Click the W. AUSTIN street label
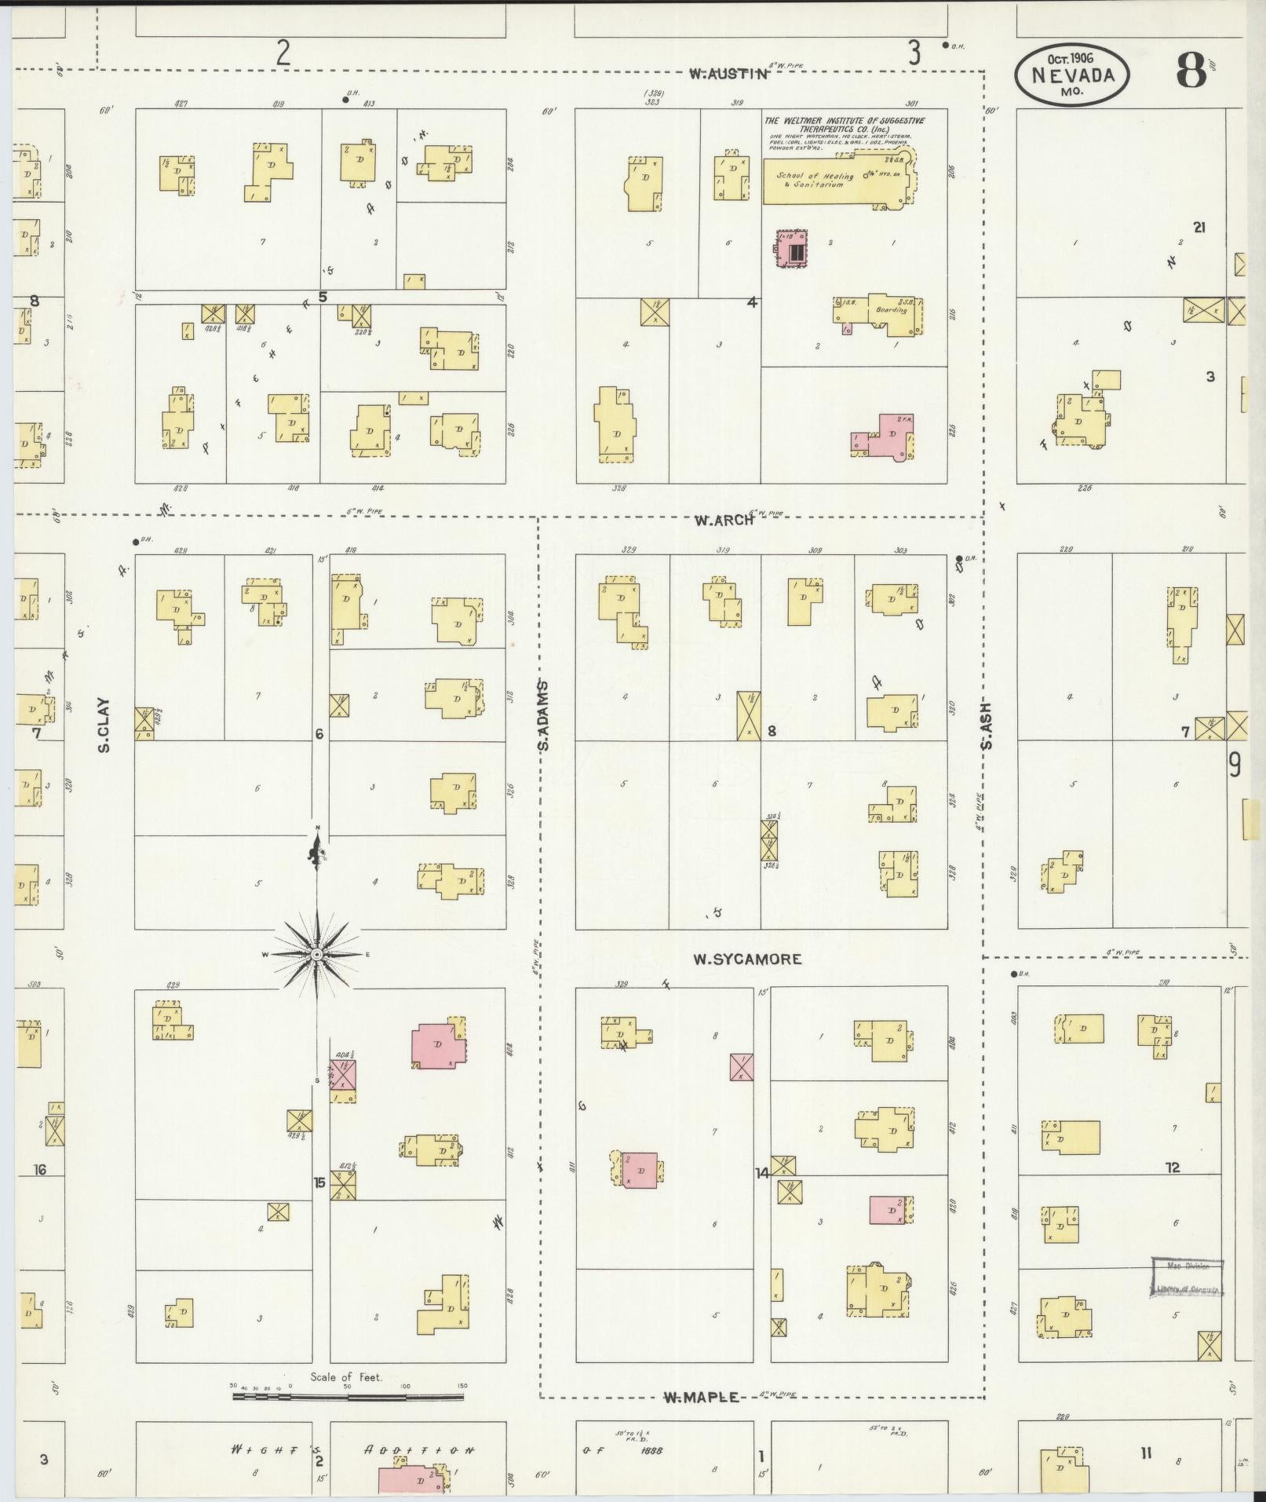(728, 75)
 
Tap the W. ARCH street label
(723, 520)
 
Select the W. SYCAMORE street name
(747, 959)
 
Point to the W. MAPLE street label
(701, 1397)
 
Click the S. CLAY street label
(104, 725)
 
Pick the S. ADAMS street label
(543, 715)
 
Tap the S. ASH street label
(986, 725)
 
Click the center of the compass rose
(316, 954)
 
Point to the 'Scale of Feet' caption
(346, 1377)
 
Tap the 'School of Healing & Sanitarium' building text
(816, 180)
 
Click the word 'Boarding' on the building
(891, 309)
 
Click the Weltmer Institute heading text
(844, 124)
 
